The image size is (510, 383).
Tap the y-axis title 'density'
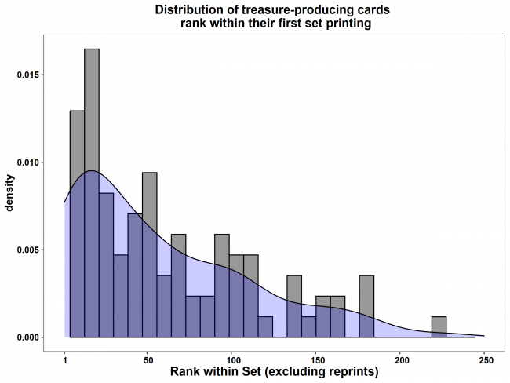point(11,193)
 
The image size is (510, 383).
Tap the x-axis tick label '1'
point(64,358)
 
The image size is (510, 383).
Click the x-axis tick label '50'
point(148,358)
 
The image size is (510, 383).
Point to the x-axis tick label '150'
point(316,358)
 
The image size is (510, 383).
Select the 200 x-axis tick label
point(400,358)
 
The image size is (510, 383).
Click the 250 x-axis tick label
point(485,358)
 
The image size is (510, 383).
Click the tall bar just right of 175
point(366,306)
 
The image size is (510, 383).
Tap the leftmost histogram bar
point(77,224)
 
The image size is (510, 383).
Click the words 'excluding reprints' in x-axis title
point(330,371)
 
